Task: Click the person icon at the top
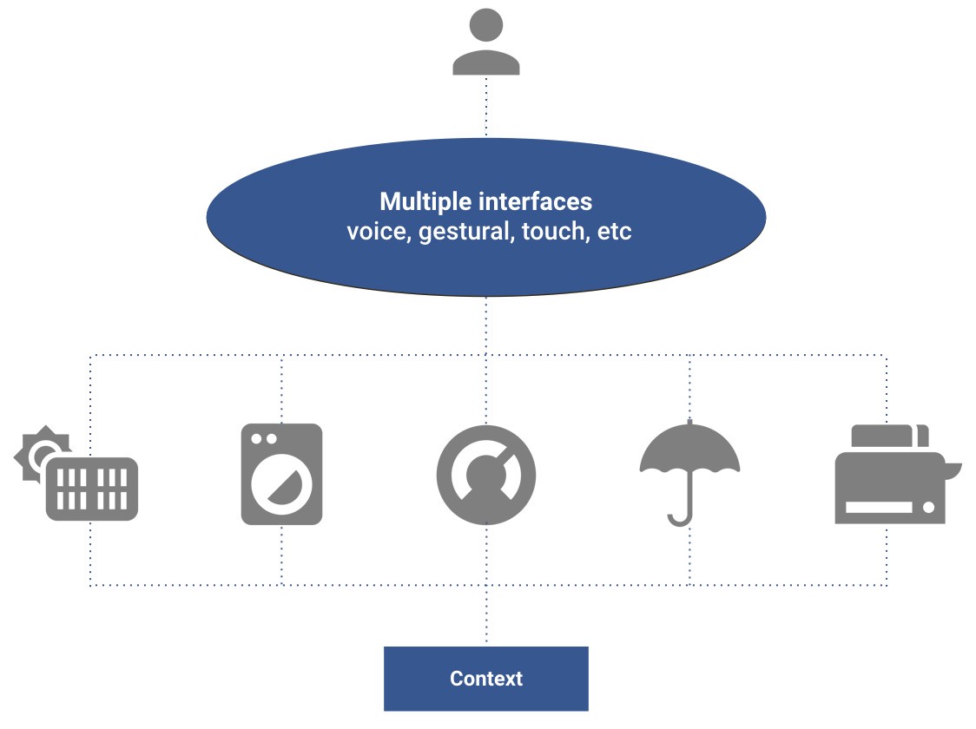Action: click(x=485, y=43)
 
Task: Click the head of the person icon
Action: click(x=485, y=23)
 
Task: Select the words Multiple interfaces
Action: click(x=485, y=202)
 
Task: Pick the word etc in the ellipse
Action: click(x=615, y=233)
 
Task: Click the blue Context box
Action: click(x=485, y=679)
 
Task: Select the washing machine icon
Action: click(x=281, y=474)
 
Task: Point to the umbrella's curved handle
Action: click(x=681, y=519)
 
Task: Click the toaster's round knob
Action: click(x=928, y=508)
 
